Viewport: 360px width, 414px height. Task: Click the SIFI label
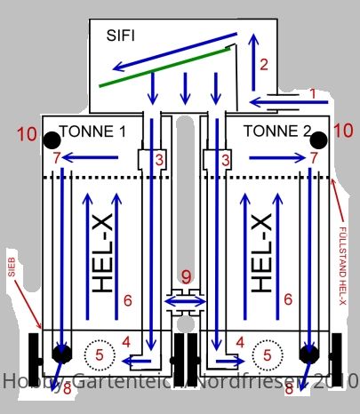click(121, 36)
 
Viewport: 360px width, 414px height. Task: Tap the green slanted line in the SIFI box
click(164, 68)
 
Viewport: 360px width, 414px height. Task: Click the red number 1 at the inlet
click(313, 94)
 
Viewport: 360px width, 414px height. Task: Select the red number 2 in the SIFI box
click(264, 65)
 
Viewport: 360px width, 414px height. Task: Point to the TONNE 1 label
click(92, 131)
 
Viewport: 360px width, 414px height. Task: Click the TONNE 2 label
click(277, 131)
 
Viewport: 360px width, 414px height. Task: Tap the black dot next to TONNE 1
click(52, 140)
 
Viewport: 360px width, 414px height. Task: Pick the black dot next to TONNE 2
click(319, 140)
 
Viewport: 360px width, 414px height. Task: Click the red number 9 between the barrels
click(187, 277)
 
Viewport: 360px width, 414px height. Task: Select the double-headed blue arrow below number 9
click(185, 302)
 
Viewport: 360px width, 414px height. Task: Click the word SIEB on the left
click(12, 267)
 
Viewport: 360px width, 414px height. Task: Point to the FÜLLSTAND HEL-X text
click(342, 266)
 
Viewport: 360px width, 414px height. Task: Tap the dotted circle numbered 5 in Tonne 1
click(100, 355)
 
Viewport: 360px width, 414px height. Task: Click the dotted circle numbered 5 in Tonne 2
click(268, 355)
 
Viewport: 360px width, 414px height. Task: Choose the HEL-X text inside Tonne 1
click(102, 253)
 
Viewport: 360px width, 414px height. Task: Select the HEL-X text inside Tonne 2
click(261, 253)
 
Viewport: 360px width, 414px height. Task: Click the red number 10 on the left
click(28, 134)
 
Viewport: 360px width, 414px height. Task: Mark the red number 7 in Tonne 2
click(314, 158)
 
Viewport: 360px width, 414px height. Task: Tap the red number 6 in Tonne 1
click(128, 300)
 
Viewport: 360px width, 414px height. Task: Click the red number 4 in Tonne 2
click(240, 343)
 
